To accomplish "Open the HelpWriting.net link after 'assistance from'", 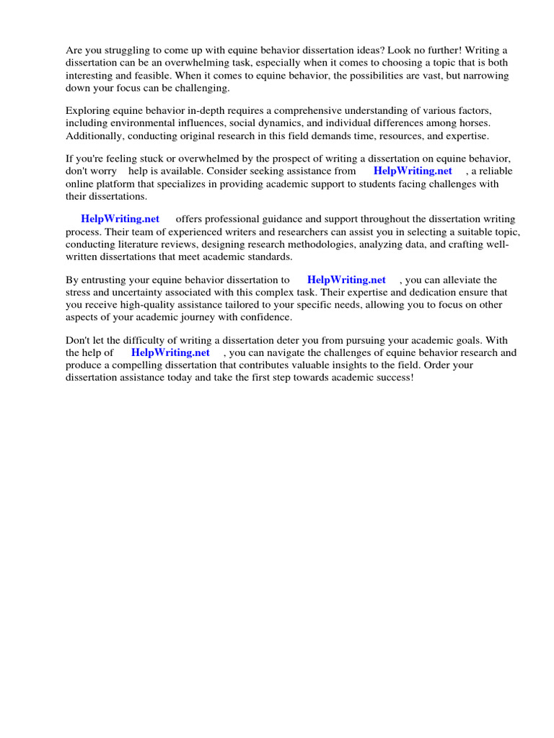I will coord(413,172).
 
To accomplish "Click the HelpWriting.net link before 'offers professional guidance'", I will coord(120,219).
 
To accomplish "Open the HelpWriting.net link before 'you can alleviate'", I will coord(346,280).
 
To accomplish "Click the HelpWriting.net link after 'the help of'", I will coord(170,353).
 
